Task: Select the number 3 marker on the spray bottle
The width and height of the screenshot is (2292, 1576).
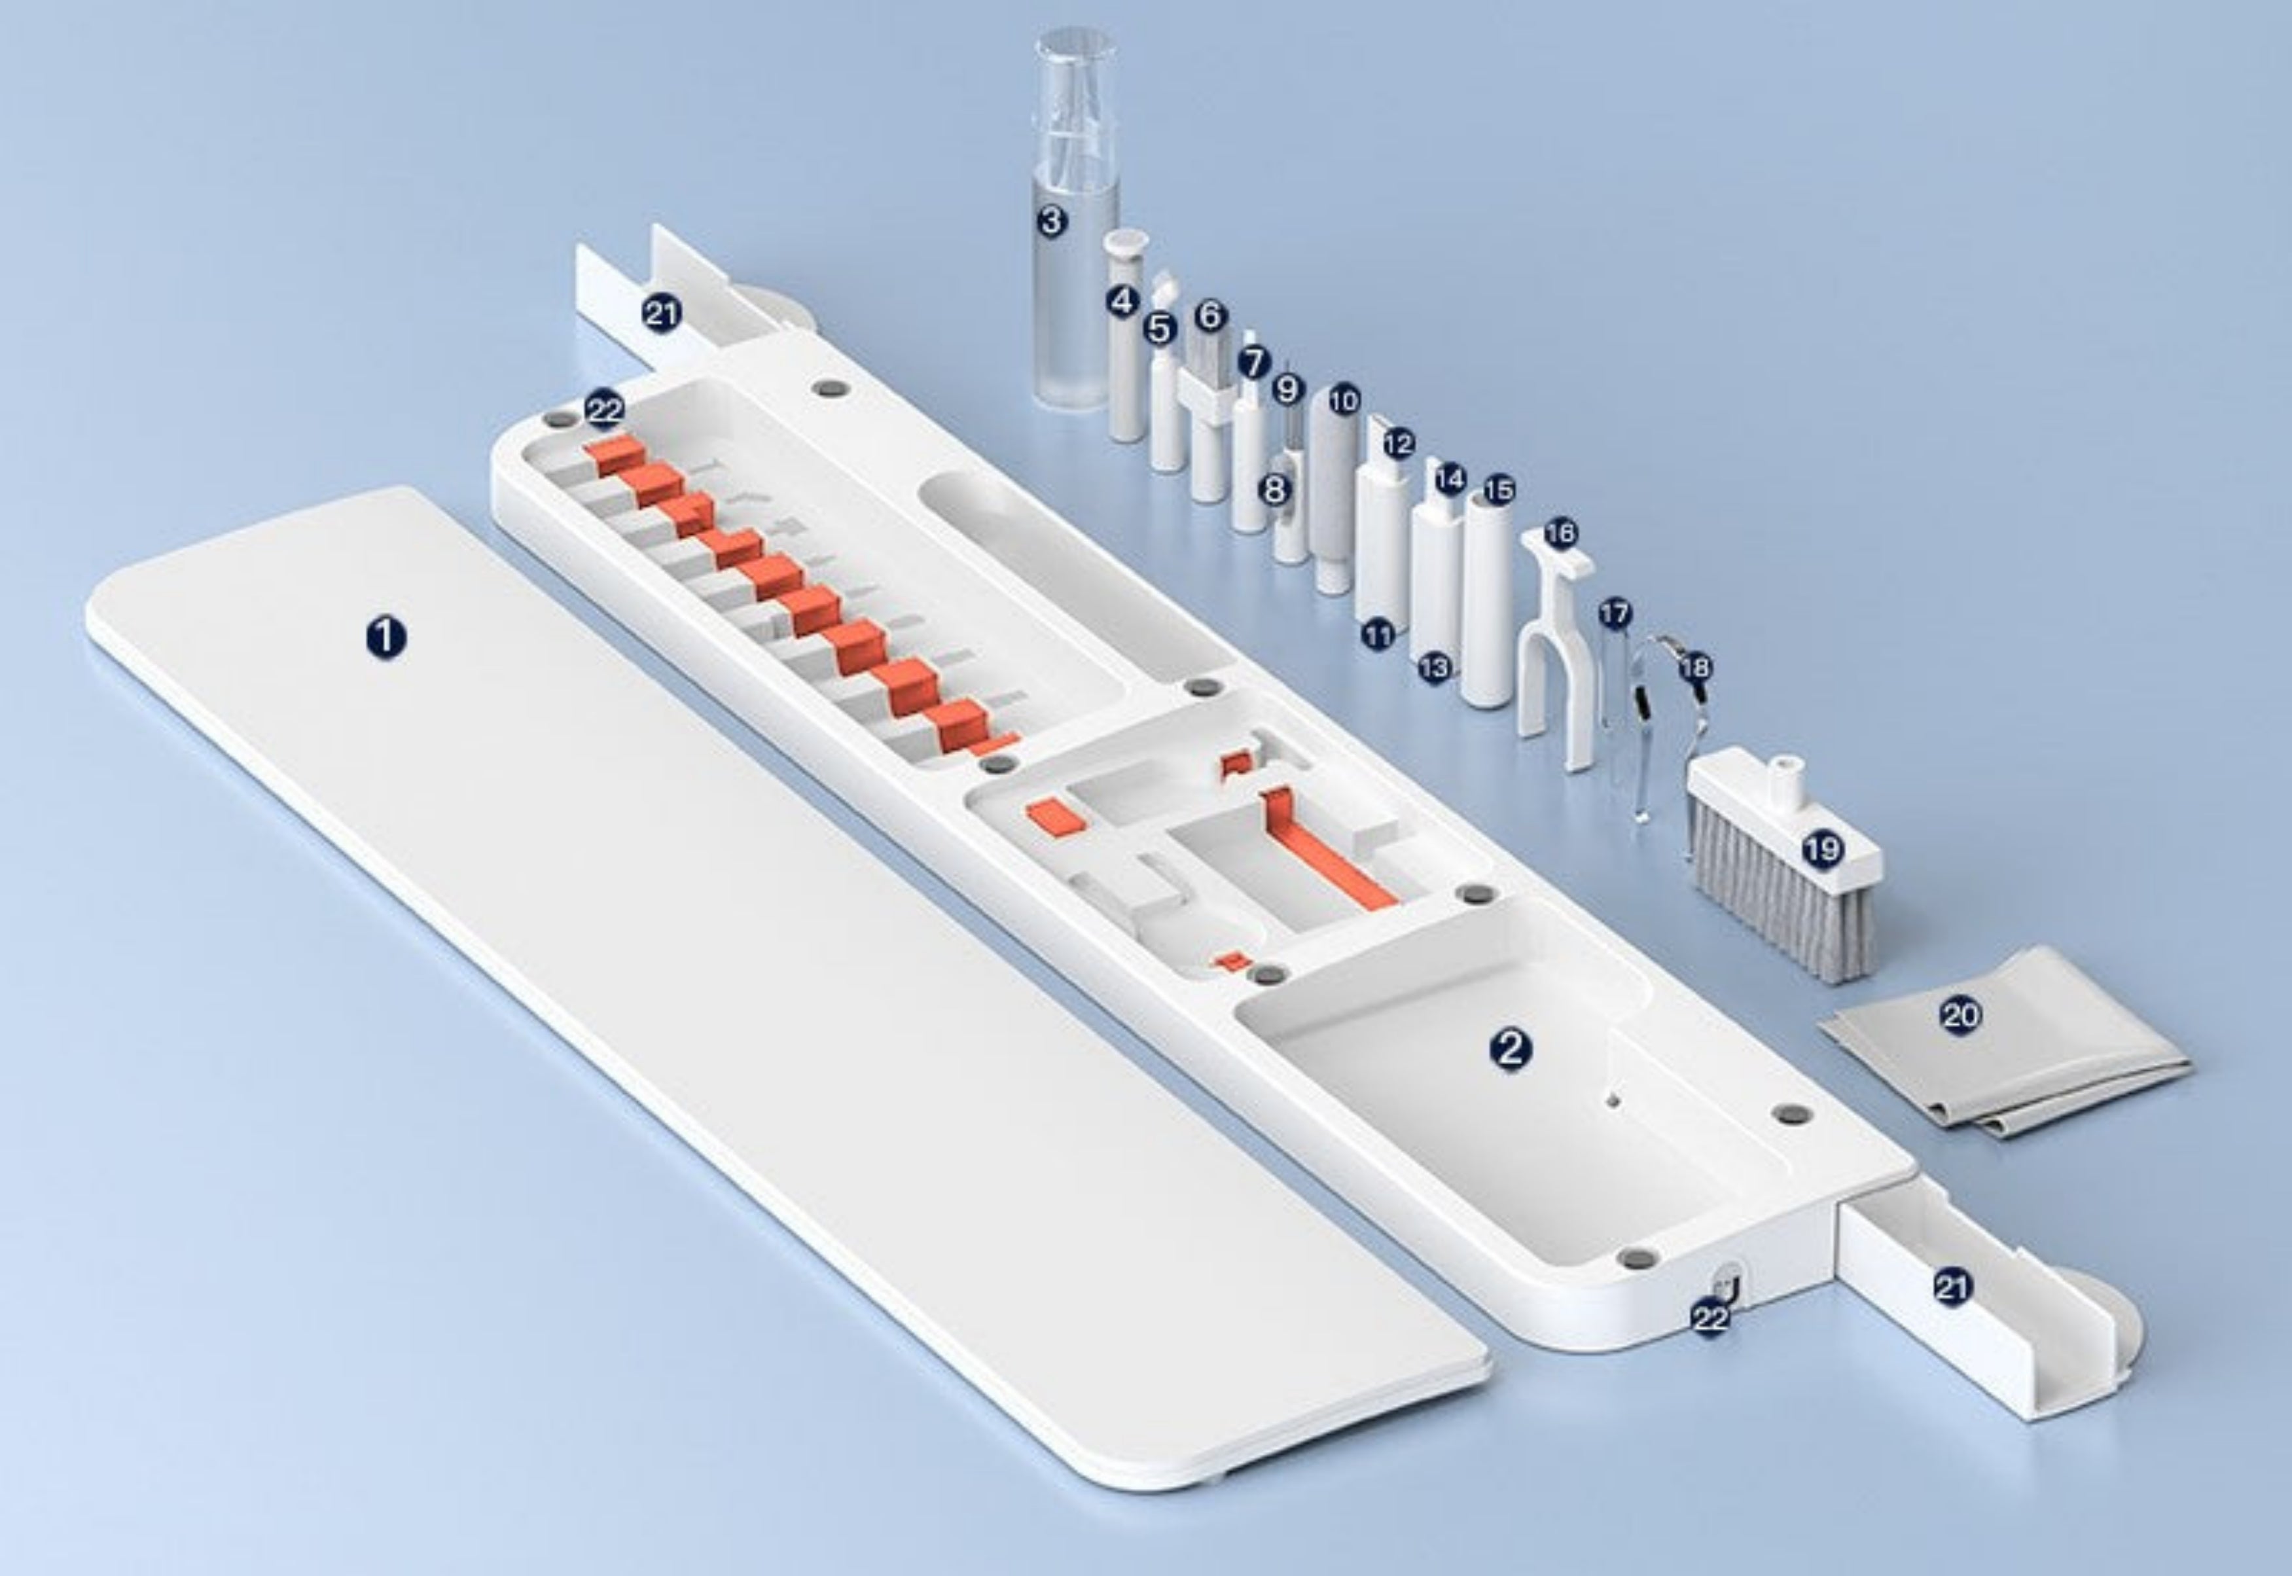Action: (1052, 220)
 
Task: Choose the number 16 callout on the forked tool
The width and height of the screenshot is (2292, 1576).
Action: (1560, 534)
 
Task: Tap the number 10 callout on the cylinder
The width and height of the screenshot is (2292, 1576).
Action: (1343, 400)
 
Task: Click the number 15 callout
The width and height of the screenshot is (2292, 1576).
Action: (1498, 489)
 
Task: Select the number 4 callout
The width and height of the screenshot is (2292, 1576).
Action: (1123, 301)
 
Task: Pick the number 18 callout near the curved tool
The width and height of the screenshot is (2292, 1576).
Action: (1694, 668)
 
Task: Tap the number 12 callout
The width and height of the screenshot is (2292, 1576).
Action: (1399, 443)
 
